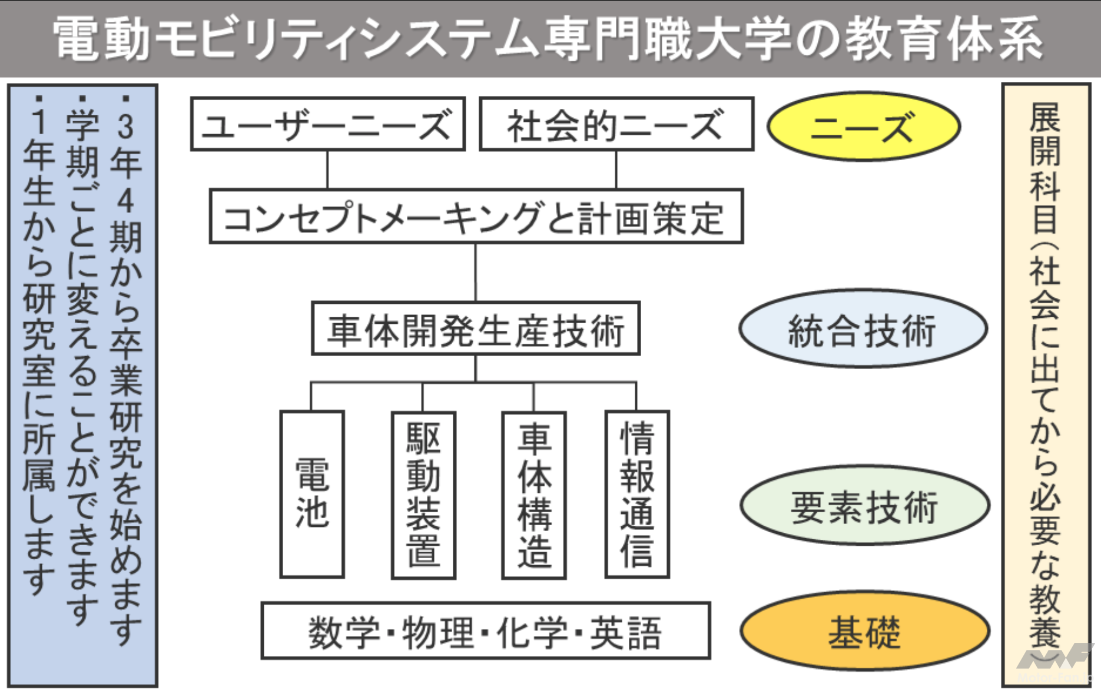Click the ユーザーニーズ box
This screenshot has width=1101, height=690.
(327, 124)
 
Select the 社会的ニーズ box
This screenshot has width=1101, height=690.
(616, 124)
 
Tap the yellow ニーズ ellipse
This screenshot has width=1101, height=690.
(863, 127)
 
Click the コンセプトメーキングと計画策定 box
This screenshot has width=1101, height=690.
(476, 217)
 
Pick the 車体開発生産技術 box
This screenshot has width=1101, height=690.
(476, 329)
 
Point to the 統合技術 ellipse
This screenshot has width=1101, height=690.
(863, 329)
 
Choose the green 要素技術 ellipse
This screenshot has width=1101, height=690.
(864, 505)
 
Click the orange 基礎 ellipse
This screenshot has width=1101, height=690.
(864, 631)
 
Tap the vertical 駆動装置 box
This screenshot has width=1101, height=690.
(423, 495)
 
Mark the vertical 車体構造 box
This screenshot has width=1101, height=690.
(534, 495)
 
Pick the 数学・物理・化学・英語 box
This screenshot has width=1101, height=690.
(485, 631)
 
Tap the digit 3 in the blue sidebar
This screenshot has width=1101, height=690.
(125, 125)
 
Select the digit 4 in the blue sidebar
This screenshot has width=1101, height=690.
(125, 201)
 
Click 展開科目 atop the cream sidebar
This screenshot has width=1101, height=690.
(1045, 168)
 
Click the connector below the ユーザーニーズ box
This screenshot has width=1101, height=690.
(327, 170)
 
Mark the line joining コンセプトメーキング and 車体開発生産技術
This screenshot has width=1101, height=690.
(476, 272)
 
